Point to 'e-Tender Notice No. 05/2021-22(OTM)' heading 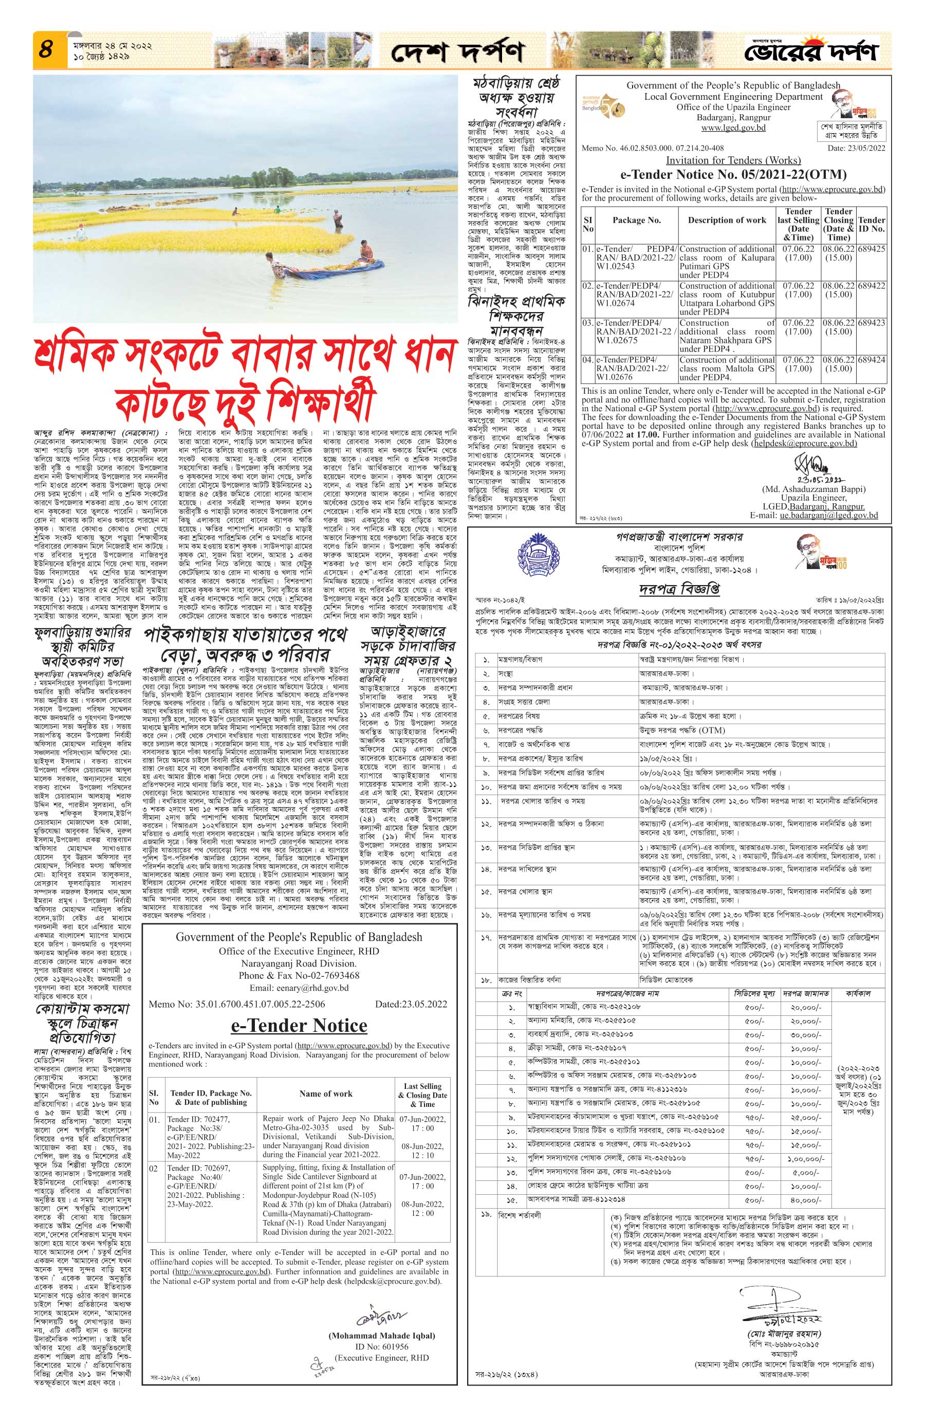pos(733,174)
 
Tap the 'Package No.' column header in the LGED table pos(636,221)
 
